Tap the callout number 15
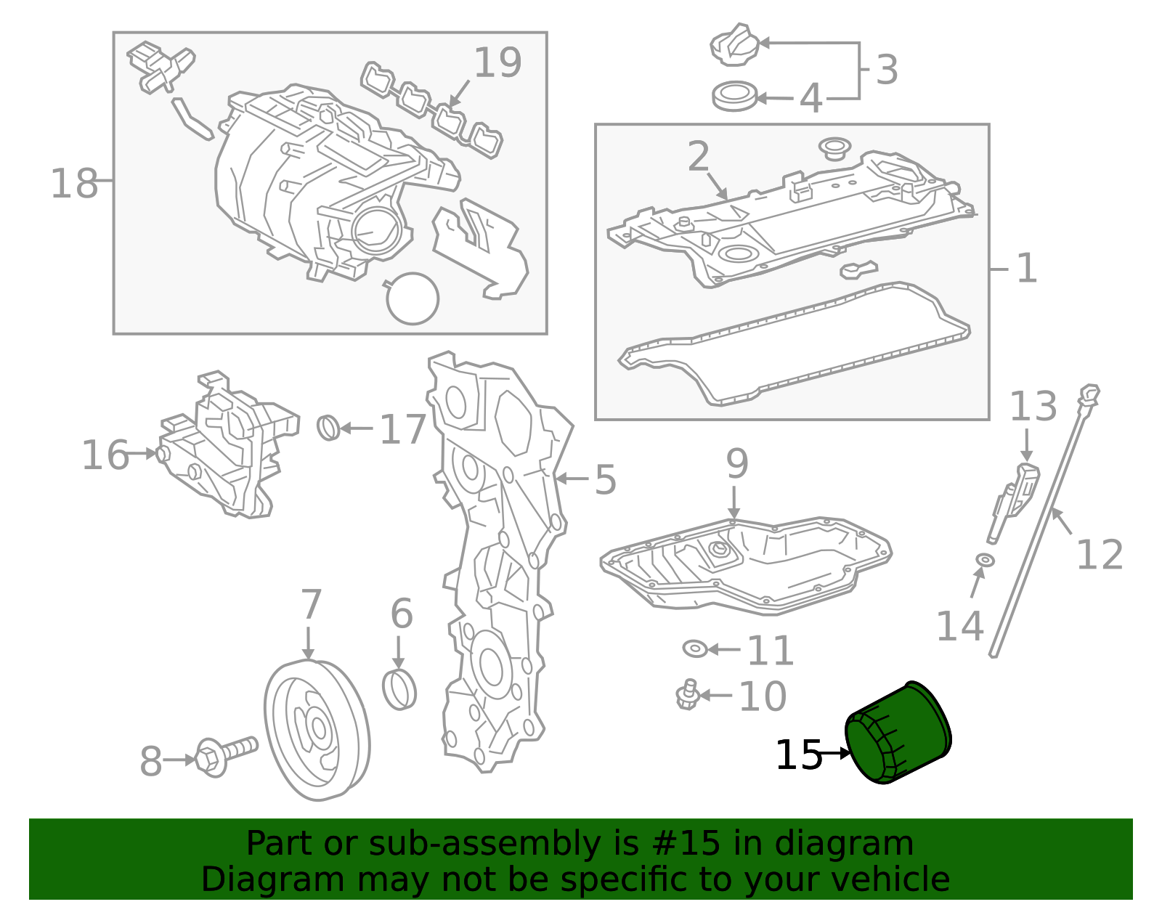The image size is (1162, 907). (797, 755)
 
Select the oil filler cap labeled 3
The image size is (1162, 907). (734, 45)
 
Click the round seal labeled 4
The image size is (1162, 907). (734, 96)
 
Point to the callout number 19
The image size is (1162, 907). (497, 63)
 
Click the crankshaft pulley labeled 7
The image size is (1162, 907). (317, 729)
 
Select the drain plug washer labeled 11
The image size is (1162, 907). (695, 648)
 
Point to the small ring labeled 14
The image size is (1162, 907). (985, 560)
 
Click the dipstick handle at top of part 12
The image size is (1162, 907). (1090, 394)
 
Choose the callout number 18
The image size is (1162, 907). (73, 184)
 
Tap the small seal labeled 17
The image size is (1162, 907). (329, 428)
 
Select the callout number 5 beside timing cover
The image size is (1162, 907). (605, 480)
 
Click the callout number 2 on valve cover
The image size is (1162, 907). (698, 157)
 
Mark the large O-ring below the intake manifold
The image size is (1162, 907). (413, 298)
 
